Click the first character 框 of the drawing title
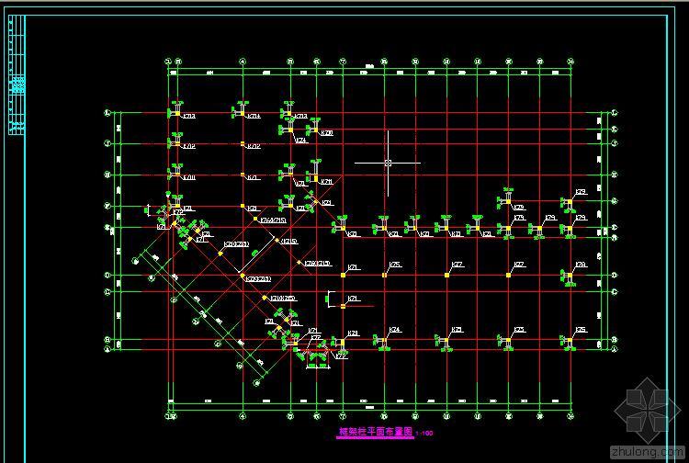[344, 431]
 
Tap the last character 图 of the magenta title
[408, 431]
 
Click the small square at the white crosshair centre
[388, 163]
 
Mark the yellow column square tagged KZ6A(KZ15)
[256, 220]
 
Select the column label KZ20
[327, 133]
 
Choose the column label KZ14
[254, 117]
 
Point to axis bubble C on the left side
[107, 291]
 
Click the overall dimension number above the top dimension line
[369, 65]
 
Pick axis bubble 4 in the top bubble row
[243, 62]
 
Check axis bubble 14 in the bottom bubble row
[570, 417]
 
